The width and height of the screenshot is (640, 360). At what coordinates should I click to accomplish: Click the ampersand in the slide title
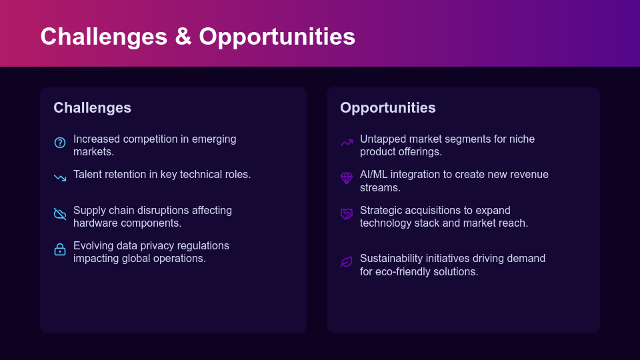point(183,37)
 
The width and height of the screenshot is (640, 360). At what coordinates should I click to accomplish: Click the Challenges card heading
point(92,108)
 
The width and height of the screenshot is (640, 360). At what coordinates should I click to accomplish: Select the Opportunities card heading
point(388,108)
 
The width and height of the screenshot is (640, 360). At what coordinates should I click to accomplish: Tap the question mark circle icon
point(60,143)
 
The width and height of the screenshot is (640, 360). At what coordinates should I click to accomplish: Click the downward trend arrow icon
point(60,178)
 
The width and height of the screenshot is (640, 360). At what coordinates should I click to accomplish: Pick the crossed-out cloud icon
point(60,214)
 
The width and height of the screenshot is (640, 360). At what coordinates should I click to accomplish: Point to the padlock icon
point(60,249)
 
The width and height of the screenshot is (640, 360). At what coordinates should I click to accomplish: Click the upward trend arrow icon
point(347,143)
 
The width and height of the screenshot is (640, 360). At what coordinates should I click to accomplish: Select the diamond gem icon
point(347,178)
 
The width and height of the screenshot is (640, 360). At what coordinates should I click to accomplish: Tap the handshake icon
point(347,214)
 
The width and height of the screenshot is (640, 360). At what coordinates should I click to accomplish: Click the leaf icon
point(347,262)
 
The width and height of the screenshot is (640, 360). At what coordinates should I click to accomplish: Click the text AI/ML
point(373,174)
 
